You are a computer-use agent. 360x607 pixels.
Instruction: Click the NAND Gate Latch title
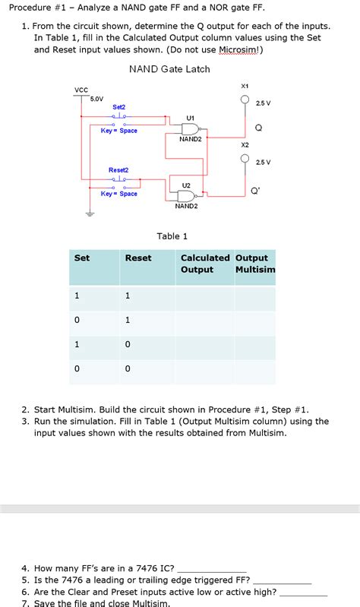coord(169,69)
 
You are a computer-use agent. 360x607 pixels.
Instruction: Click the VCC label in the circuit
coord(81,90)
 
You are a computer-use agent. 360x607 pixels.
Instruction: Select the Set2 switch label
coord(119,107)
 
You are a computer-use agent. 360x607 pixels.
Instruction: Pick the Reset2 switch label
coord(118,169)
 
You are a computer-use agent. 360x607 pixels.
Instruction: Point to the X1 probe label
coord(245,86)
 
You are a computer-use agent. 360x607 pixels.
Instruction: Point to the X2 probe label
coord(245,144)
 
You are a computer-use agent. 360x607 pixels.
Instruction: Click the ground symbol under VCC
coord(89,214)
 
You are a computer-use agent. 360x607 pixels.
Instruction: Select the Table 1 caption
coord(172,236)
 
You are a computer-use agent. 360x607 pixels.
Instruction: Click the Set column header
coord(81,258)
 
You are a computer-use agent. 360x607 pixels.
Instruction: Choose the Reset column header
coord(138,258)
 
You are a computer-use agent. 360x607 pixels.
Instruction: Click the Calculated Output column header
coord(204,264)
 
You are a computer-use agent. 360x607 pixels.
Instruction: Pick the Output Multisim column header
coord(255,264)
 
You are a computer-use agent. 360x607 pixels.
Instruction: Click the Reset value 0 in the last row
coord(128,368)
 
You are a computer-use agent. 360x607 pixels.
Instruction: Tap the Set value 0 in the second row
coord(77,320)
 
